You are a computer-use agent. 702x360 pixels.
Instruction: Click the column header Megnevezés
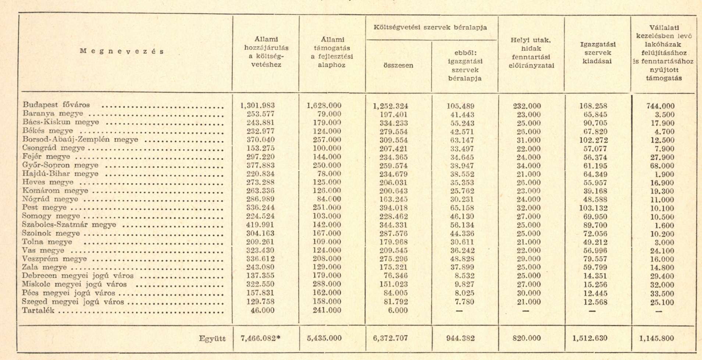pos(122,51)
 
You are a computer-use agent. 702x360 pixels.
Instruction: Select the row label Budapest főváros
pos(56,105)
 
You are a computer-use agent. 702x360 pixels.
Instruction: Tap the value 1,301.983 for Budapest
pos(257,106)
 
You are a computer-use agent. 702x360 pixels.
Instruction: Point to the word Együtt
pos(212,339)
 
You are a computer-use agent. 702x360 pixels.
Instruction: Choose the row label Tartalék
pos(38,310)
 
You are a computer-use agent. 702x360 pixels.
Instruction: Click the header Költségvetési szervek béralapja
pos(430,28)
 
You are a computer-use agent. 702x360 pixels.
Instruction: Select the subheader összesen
pos(398,65)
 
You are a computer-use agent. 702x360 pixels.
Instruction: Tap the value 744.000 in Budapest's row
pos(660,106)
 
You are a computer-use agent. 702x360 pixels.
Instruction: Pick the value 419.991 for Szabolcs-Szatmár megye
pos(261,225)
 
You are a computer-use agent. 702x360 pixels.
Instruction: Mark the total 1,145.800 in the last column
pos(657,338)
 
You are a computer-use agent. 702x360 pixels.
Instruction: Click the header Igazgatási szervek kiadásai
pos(598,53)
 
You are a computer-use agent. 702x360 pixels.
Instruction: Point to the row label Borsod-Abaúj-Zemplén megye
pos(80,140)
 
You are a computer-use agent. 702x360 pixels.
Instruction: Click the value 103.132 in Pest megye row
pos(593,208)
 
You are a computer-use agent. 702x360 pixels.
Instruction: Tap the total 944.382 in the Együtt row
pos(460,338)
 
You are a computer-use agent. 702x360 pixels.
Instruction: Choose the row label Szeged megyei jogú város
pos(73,302)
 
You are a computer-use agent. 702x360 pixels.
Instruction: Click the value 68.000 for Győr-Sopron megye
pos(662,166)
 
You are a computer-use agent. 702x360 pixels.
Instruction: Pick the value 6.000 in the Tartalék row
pos(398,310)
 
